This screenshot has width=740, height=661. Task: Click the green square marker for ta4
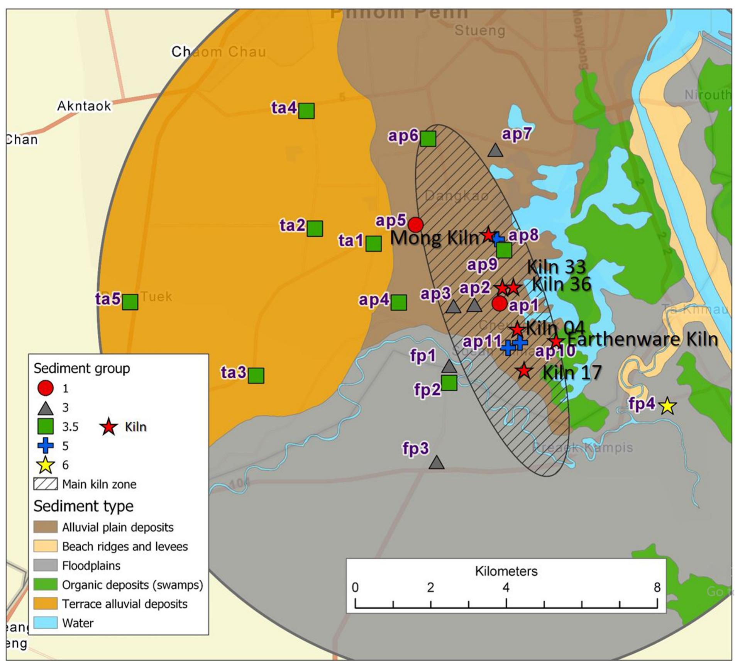tap(306, 111)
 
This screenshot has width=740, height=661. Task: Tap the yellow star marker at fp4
tap(667, 406)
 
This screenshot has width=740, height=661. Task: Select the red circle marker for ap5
tap(416, 224)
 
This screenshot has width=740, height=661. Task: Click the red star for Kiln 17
tap(524, 371)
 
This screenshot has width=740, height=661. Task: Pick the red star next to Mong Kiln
tap(488, 234)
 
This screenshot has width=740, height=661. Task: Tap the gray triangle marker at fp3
tap(436, 463)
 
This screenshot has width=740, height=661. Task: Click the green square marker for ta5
tap(130, 302)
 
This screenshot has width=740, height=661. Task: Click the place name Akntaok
tap(84, 106)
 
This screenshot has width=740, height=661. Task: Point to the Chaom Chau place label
tap(219, 52)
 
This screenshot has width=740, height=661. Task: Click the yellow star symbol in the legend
tap(46, 465)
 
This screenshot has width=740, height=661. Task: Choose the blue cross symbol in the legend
tap(46, 446)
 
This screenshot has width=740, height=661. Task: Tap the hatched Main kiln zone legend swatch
tap(46, 484)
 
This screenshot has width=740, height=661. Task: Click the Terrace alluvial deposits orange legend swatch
tap(46, 604)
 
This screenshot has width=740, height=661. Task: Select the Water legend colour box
tap(46, 623)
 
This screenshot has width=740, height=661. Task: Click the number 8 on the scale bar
tap(657, 587)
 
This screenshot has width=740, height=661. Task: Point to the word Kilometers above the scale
tap(506, 571)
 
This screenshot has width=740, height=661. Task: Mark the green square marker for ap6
tap(428, 139)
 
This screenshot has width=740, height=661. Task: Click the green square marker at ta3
tap(256, 375)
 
